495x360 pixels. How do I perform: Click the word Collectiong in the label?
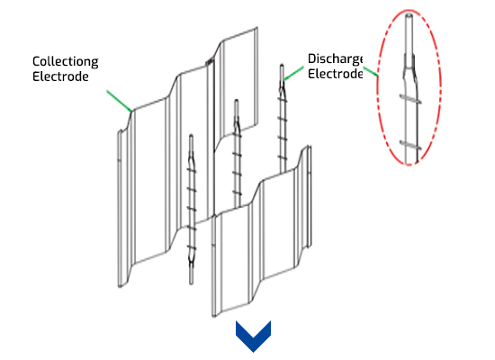(x=66, y=62)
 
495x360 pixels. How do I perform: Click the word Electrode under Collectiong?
(x=60, y=76)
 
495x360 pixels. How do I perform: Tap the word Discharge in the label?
(x=335, y=59)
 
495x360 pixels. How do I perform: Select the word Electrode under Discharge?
(x=335, y=74)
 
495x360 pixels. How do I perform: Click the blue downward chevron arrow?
(x=253, y=337)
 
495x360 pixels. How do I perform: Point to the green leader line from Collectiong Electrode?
(x=120, y=101)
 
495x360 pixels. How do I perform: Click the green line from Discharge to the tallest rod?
(x=293, y=73)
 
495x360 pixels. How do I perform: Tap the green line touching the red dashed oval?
(x=371, y=71)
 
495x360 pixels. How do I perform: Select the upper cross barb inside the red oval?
(x=410, y=99)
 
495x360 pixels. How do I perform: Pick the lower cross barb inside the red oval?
(x=410, y=145)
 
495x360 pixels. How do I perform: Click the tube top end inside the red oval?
(x=409, y=14)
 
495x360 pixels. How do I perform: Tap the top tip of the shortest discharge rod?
(x=191, y=136)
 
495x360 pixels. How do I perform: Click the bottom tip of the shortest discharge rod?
(x=191, y=283)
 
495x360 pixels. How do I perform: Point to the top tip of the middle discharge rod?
(x=236, y=101)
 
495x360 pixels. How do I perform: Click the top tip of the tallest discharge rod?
(x=282, y=66)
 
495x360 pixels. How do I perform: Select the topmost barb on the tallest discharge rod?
(x=283, y=99)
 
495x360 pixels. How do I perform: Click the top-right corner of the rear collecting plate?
(x=257, y=28)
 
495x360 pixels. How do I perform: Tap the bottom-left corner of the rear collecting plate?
(x=120, y=286)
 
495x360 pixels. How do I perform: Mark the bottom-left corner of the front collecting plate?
(x=214, y=316)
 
